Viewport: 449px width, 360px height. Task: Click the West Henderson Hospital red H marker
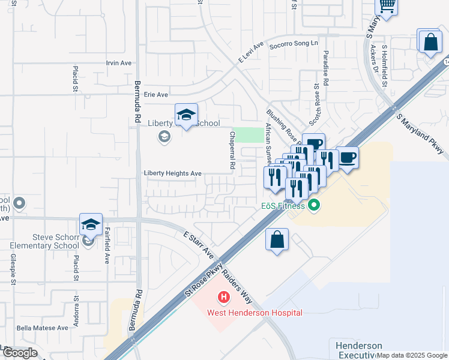[224, 297]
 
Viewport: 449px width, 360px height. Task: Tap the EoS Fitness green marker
[313, 207]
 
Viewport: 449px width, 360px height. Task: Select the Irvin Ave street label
[118, 63]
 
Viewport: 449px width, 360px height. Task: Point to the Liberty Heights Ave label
[172, 173]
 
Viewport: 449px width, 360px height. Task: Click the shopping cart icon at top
[387, 6]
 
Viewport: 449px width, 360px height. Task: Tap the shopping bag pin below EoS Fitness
[277, 239]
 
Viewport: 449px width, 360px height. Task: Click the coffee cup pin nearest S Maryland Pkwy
[347, 158]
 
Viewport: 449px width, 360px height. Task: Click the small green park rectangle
[249, 134]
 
